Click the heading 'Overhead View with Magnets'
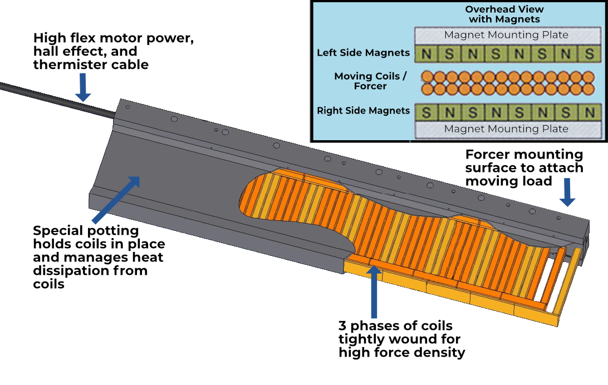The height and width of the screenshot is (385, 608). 504,14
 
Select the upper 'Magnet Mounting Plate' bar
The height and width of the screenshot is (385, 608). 506,35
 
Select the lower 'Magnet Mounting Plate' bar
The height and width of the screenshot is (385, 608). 506,129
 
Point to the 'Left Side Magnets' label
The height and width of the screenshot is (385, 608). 363,53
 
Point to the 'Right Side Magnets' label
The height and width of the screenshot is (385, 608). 363,111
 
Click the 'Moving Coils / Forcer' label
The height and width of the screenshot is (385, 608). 370,81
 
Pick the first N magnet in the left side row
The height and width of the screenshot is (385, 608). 426,55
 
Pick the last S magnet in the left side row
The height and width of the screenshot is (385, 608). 589,55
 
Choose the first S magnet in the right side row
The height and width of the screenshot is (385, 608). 426,112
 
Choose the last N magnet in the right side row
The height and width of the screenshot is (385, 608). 589,112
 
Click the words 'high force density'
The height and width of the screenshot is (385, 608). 401,352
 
